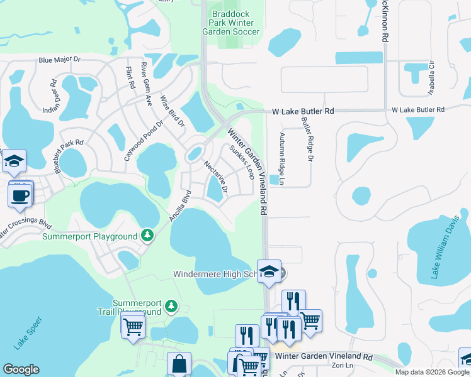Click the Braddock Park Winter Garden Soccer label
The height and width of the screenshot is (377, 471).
pos(230,22)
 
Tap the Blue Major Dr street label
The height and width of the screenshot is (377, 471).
pos(60,60)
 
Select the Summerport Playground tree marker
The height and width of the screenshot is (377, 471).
pos(147,236)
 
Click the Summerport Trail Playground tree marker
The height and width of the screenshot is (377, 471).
pos(171,306)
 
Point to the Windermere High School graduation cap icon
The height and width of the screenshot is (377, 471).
pos(270,272)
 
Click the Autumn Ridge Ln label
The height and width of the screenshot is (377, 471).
pos(282,159)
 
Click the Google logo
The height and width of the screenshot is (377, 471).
pos(21,369)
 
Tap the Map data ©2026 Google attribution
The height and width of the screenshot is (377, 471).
pos(432,372)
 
